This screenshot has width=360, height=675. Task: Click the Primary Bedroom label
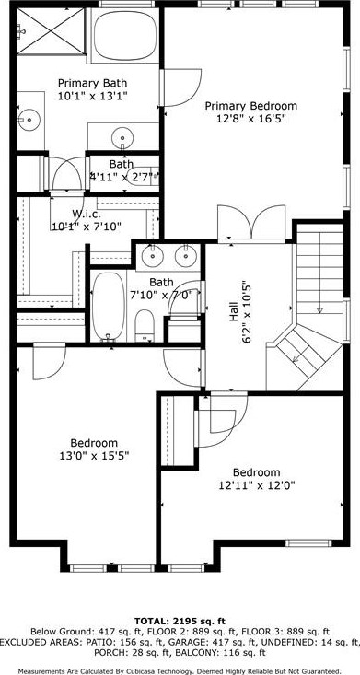[x=251, y=106]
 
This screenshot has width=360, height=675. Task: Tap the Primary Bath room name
[x=91, y=82]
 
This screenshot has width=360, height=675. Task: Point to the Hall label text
[x=232, y=313]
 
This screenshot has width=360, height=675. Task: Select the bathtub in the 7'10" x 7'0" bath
[x=108, y=305]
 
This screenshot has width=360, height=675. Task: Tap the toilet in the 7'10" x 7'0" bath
[x=145, y=322]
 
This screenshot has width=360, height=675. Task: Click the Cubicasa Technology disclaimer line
[x=180, y=671]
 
